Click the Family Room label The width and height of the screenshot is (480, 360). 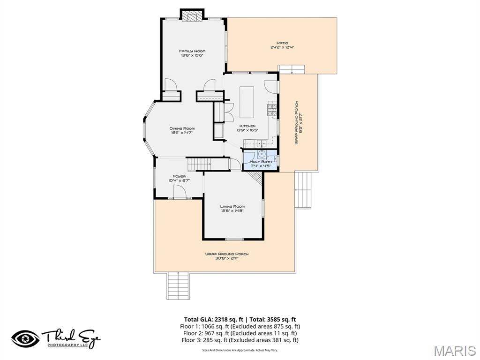click(192, 51)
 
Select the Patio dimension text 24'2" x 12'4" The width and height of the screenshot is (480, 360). click(282, 47)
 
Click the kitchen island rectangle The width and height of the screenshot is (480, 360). click(247, 102)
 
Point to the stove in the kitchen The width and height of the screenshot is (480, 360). click(272, 110)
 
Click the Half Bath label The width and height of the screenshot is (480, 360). click(260, 161)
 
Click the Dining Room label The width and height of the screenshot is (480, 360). click(182, 128)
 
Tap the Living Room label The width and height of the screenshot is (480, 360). click(232, 206)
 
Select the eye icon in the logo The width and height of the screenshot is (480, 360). click(26, 338)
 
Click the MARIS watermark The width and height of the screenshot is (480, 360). click(455, 351)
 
